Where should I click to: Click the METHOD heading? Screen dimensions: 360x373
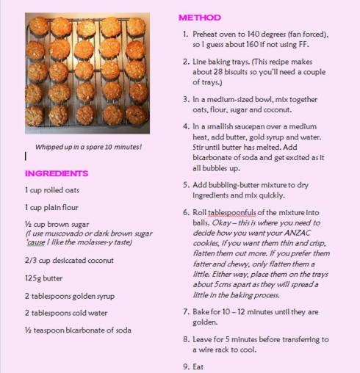(x=200, y=16)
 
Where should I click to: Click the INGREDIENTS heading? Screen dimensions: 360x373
(x=57, y=173)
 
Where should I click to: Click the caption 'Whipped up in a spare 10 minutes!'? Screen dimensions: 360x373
(x=88, y=147)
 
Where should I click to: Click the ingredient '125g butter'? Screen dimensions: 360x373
(x=43, y=278)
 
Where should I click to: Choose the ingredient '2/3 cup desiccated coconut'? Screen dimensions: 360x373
(x=69, y=261)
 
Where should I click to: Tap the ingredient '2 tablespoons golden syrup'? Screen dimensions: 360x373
(x=71, y=296)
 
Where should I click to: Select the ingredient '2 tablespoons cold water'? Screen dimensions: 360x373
(x=68, y=313)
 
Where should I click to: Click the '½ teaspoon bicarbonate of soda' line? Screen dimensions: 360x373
(x=78, y=330)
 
